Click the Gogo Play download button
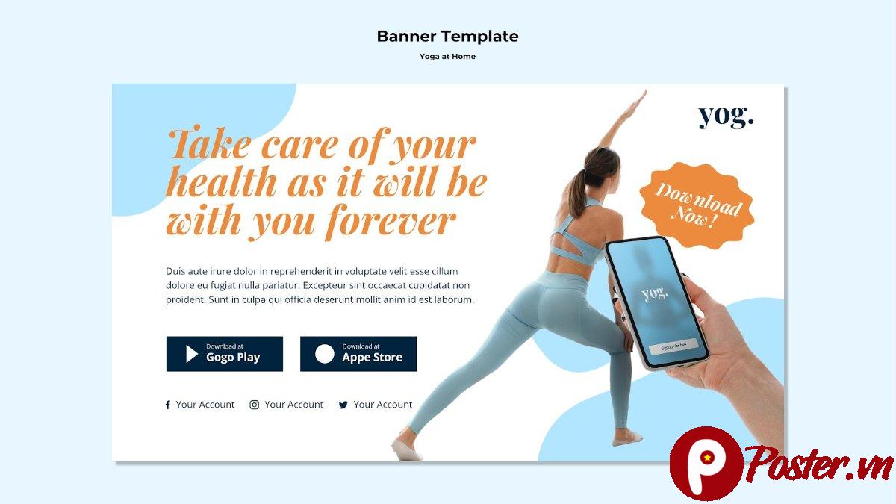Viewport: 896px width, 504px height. (224, 354)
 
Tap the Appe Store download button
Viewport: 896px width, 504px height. (358, 354)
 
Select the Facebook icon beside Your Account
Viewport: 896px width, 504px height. (167, 405)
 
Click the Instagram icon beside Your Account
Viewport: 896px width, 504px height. (255, 405)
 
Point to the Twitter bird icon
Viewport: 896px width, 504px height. (343, 405)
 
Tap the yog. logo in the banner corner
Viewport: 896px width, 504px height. (726, 116)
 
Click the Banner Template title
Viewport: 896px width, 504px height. (447, 36)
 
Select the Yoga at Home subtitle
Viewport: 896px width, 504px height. (447, 56)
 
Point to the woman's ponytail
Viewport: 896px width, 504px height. (577, 194)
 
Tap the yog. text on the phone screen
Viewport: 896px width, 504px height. (655, 292)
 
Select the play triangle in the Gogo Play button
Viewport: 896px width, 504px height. (192, 354)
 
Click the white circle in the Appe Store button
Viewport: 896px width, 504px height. (325, 354)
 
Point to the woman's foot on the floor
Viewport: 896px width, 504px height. (407, 449)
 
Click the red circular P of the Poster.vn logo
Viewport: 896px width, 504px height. (705, 462)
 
